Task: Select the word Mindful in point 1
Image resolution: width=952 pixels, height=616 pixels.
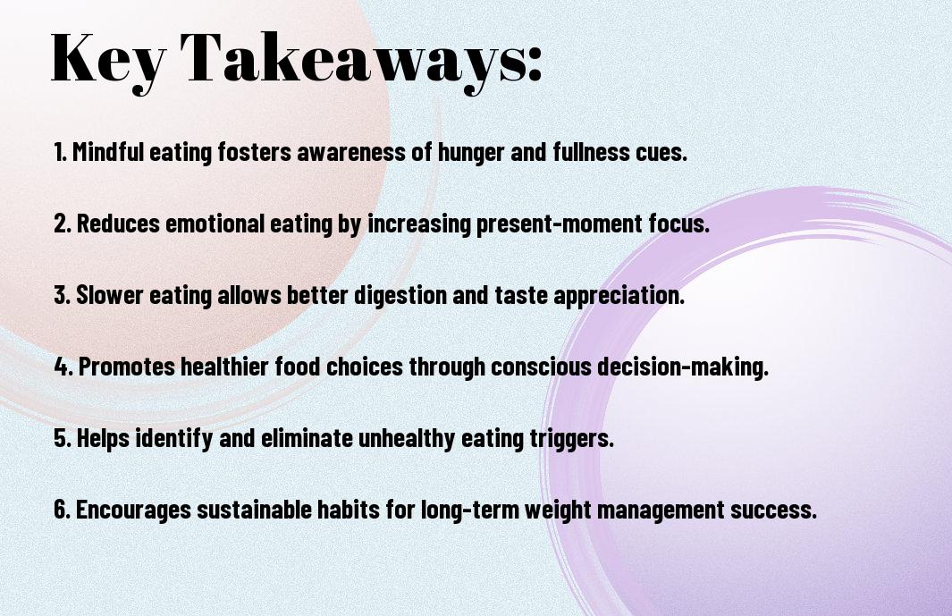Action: pyautogui.click(x=108, y=152)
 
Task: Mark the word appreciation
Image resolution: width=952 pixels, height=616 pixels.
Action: pyautogui.click(x=619, y=296)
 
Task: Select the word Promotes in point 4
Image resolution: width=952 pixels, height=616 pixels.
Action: pyautogui.click(x=127, y=367)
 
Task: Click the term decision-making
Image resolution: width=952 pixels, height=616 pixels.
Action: pyautogui.click(x=683, y=367)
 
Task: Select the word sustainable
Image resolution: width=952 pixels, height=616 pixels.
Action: pyautogui.click(x=255, y=510)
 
